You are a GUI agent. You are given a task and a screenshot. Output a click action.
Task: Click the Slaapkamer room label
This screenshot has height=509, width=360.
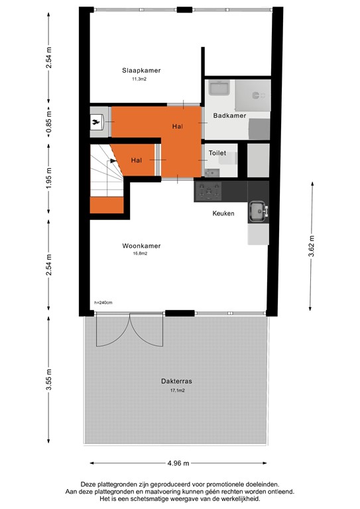[x=141, y=70]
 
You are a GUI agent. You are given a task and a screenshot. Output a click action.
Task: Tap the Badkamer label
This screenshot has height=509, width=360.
[x=229, y=116]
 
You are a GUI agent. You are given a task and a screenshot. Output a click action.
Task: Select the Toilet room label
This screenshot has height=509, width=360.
[x=217, y=153]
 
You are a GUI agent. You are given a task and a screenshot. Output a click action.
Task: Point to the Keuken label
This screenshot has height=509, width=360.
[x=223, y=213]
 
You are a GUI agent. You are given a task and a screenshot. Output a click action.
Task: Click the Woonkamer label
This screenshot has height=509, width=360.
[x=141, y=245]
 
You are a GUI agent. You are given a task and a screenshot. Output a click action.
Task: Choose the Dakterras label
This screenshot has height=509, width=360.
[x=176, y=382]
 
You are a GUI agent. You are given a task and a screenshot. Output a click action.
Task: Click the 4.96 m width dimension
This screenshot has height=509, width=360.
[x=177, y=463]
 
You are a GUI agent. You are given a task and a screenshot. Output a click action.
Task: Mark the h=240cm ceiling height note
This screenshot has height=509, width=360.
[x=103, y=303]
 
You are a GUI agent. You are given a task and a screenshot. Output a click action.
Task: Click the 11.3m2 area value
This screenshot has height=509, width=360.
[x=139, y=80]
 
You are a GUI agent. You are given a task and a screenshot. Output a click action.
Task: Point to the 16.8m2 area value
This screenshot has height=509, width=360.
[x=139, y=254]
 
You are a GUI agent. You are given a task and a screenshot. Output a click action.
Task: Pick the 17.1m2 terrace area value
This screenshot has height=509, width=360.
[x=176, y=391]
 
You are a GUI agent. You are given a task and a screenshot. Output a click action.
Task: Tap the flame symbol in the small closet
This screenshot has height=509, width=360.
[x=97, y=122]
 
